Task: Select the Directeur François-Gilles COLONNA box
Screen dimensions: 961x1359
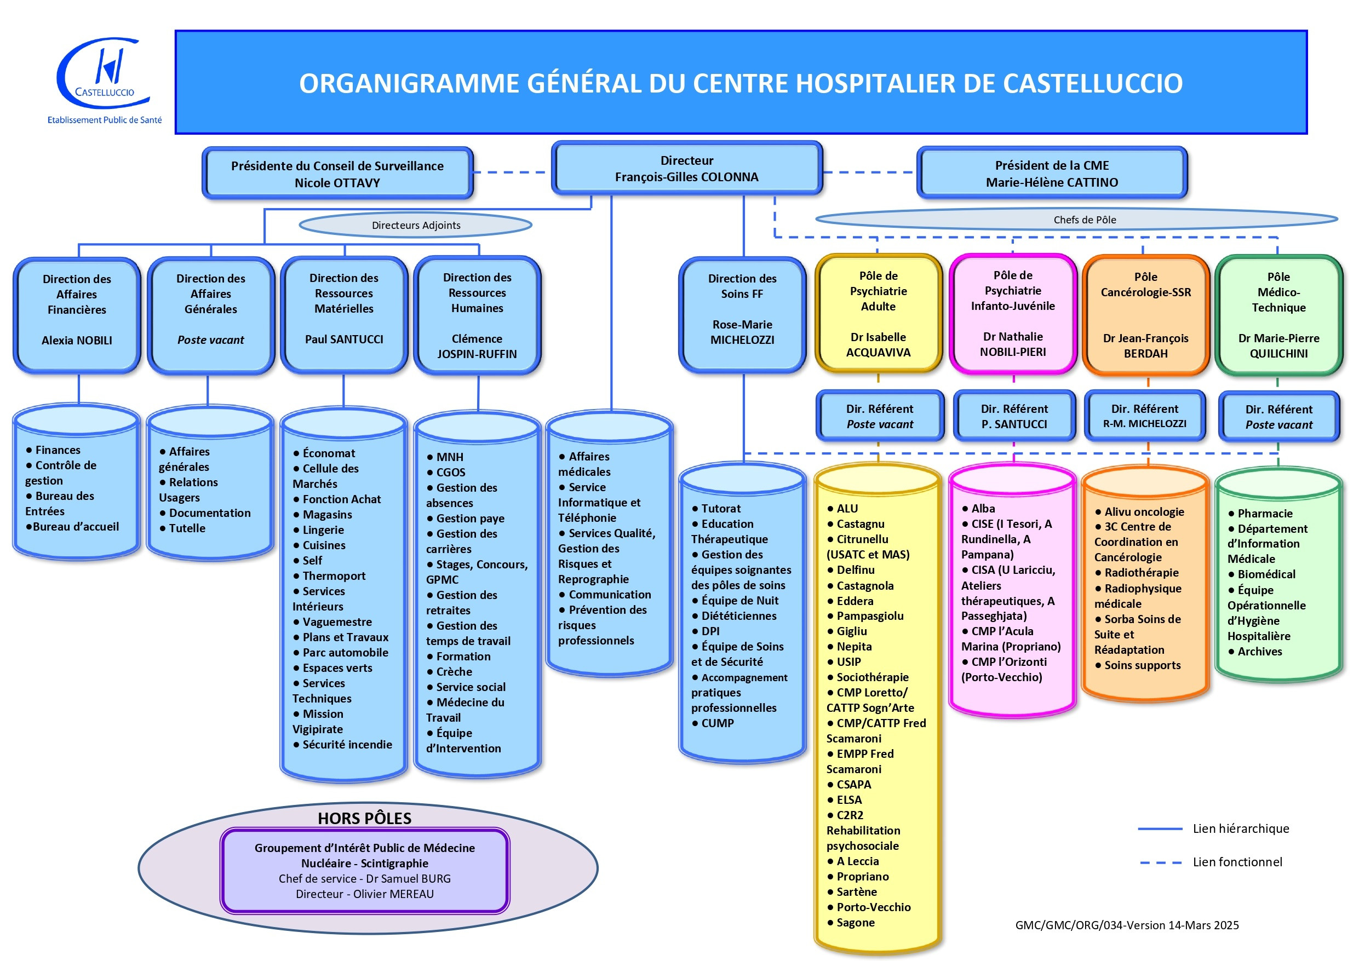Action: (x=686, y=169)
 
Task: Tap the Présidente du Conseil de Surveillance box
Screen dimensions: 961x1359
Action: (x=337, y=174)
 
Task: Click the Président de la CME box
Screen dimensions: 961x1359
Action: (x=1052, y=174)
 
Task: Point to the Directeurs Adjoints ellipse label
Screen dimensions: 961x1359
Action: (x=416, y=226)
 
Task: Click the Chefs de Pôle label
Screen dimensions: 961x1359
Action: (x=1085, y=220)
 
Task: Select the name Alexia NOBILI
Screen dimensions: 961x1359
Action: (x=77, y=340)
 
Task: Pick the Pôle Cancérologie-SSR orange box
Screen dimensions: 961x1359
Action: (x=1145, y=315)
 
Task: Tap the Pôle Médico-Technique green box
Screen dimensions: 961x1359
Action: (x=1278, y=315)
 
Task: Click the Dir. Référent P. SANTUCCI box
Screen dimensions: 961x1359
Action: (x=1014, y=417)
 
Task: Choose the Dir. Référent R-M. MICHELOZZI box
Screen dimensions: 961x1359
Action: (x=1144, y=417)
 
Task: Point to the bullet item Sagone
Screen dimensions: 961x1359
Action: (x=855, y=923)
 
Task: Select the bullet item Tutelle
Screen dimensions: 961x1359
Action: (x=187, y=528)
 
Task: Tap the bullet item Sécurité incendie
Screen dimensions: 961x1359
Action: (x=347, y=744)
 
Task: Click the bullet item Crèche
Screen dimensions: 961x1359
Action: (x=454, y=672)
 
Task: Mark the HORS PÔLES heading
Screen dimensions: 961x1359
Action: (x=365, y=819)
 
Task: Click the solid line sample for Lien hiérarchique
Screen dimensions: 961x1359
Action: (x=1160, y=829)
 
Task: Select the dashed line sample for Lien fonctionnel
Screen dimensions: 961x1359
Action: (x=1160, y=862)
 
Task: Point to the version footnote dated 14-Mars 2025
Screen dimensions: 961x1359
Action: (x=1126, y=925)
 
